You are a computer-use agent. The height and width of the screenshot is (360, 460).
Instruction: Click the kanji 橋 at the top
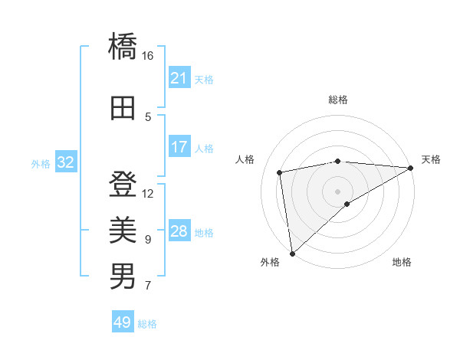point(123,47)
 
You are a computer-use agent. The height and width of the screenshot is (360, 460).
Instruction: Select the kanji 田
point(123,107)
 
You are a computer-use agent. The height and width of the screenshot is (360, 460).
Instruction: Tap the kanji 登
point(123,185)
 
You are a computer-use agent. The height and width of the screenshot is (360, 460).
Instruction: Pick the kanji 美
point(123,228)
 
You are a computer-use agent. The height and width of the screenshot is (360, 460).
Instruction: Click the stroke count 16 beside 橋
point(148,56)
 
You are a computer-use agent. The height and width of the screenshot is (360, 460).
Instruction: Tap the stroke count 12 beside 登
point(148,193)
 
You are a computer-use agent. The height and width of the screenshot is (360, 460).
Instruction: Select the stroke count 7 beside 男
point(148,286)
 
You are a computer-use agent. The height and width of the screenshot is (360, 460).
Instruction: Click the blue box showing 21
point(179,78)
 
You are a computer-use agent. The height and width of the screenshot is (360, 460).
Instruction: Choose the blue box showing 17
point(179,147)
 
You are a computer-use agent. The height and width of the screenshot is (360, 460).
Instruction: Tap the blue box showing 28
point(179,231)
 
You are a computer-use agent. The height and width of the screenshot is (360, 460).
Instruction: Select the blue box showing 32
point(65,162)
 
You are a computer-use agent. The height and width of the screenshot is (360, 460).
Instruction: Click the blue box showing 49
point(122,322)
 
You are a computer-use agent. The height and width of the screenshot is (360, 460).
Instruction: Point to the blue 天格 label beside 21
point(204,79)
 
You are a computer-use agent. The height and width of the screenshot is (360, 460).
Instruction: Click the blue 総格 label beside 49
point(147,324)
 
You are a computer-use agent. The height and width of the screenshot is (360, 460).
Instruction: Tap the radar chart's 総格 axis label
point(338,100)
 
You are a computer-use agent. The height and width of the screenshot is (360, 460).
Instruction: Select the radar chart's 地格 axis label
point(402,263)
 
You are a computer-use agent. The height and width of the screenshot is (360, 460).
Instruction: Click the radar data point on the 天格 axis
point(410,168)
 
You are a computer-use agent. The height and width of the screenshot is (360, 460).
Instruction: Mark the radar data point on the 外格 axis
point(291,254)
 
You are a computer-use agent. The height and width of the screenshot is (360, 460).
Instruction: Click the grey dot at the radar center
point(337,191)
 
